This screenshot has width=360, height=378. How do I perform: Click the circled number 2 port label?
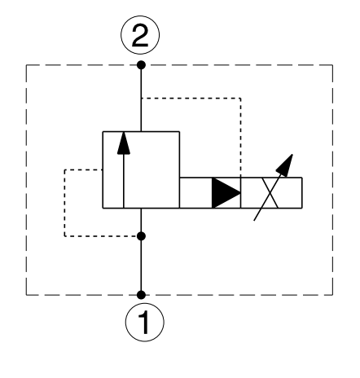140,35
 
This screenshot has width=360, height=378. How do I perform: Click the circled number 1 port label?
145,323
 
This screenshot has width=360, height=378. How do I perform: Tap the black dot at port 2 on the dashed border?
141,65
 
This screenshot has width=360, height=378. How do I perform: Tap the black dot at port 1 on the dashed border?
141,295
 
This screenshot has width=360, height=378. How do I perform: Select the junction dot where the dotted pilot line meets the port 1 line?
141,236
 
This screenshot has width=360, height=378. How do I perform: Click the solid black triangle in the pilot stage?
226,193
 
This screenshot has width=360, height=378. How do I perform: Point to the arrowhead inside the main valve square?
124,143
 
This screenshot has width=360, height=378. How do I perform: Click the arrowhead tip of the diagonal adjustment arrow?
292,154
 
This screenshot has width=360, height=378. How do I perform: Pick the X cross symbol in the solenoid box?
270,193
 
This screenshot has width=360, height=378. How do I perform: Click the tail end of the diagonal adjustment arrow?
254,221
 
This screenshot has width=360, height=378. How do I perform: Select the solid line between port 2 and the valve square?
141,99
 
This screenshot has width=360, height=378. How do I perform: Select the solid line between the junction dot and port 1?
141,266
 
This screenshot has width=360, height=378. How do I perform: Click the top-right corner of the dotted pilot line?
240,98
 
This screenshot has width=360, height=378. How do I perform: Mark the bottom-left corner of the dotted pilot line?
64,236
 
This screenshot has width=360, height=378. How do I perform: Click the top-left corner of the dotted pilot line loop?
64,169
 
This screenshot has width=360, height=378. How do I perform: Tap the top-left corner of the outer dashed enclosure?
26,65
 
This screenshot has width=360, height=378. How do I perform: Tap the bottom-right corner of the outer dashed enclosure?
332,295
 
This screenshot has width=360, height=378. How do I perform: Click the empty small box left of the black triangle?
195,193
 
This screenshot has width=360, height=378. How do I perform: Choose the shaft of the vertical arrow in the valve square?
124,181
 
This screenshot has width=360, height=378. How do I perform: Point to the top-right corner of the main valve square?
179,132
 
